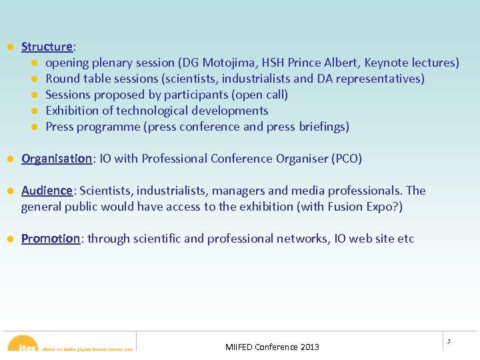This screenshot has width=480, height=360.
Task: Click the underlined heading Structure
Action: (47, 47)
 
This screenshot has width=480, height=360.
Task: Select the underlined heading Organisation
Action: (57, 159)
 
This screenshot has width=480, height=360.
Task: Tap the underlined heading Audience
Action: (47, 191)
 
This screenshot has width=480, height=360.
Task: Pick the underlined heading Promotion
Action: (51, 239)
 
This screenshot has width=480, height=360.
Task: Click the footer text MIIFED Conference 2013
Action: (272, 347)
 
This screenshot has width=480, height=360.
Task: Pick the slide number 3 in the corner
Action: (449, 341)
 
